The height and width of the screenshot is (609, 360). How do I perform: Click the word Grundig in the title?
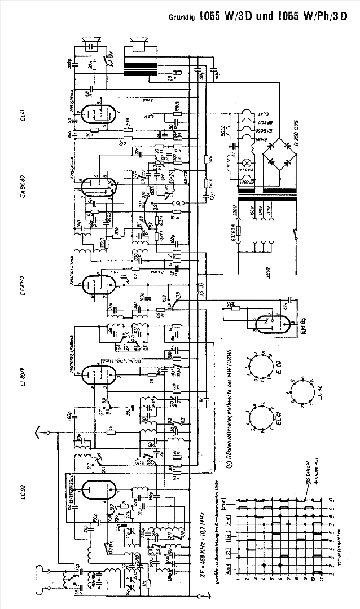pos(183,16)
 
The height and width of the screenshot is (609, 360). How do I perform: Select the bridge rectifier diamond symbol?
pos(267,153)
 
